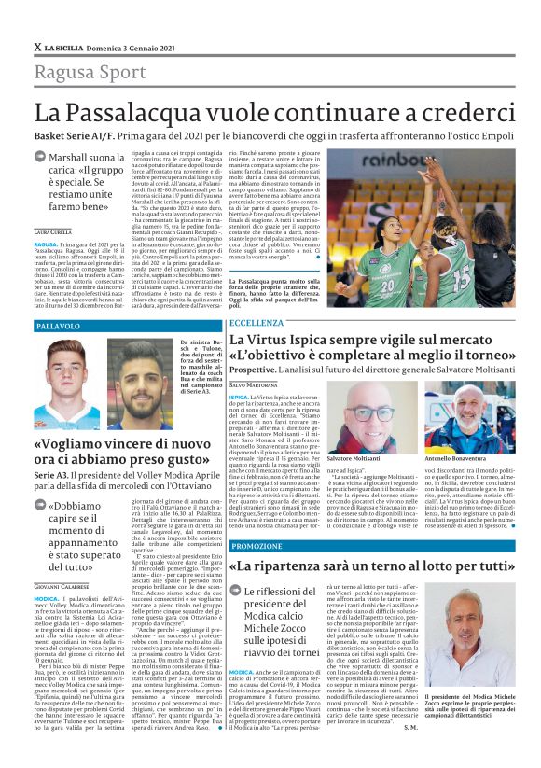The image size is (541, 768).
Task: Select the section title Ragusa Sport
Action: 79,73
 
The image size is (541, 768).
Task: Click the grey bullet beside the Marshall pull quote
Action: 41,160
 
